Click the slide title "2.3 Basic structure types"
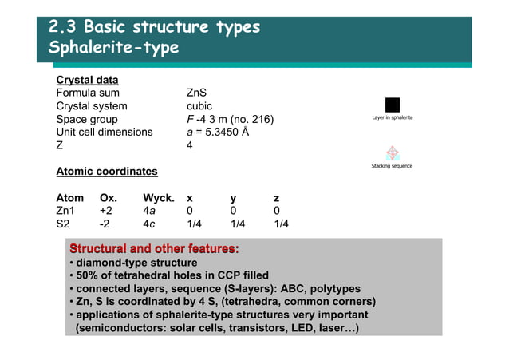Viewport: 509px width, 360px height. coord(154,26)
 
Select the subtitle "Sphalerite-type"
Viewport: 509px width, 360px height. coord(113,48)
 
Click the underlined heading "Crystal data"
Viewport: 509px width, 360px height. coord(87,80)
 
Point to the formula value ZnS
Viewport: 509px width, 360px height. coord(196,93)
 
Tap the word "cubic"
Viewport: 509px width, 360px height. coord(199,106)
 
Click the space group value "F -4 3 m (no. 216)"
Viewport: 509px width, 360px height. coord(230,120)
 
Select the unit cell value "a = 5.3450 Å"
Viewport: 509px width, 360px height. coord(218,133)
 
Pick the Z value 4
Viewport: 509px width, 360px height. coord(190,146)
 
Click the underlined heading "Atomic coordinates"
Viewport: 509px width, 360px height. coord(106,172)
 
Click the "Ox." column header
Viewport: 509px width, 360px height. coord(108,198)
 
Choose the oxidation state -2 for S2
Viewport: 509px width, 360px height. coord(104,224)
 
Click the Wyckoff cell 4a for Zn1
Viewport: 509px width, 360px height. coord(148,211)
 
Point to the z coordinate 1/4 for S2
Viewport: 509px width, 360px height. coord(281,224)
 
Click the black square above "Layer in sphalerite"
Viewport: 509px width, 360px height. coord(392,105)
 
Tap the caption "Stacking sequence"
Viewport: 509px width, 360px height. coord(392,166)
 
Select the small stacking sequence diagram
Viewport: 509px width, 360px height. coord(392,152)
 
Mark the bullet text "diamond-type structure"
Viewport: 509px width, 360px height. coord(136,263)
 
